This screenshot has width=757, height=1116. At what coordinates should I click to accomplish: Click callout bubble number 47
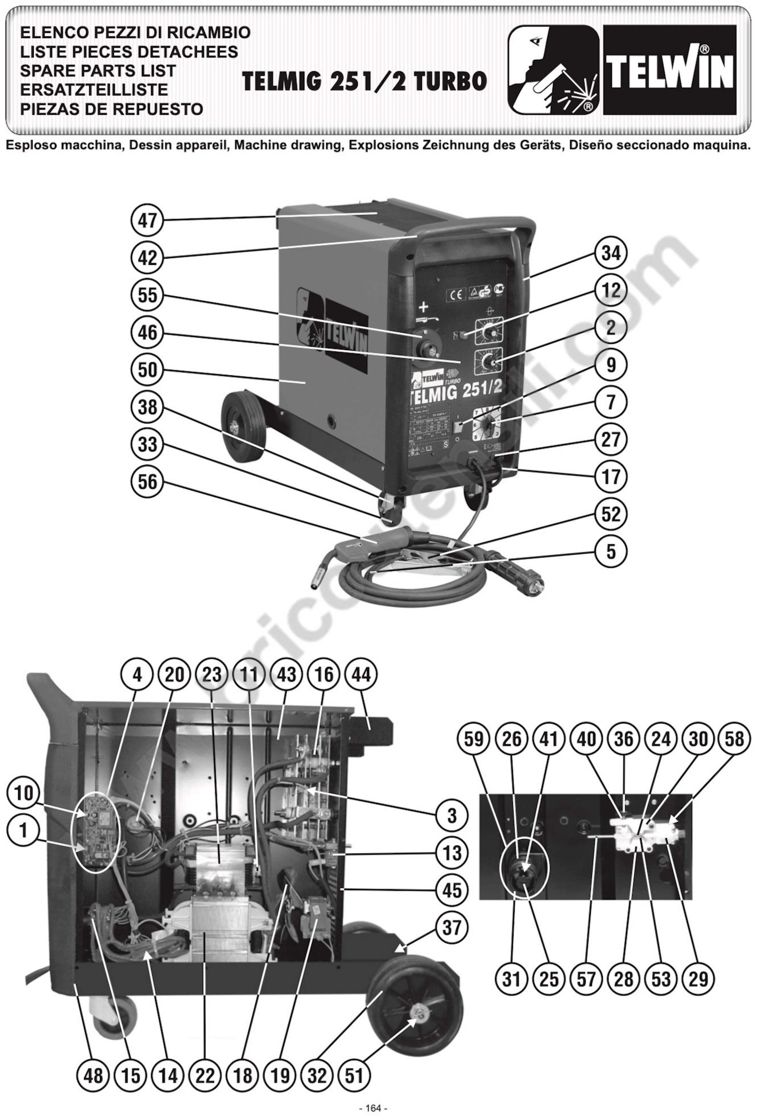click(147, 221)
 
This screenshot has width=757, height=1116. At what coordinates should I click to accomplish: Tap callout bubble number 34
click(611, 253)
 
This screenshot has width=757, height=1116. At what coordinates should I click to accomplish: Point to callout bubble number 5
click(611, 552)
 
